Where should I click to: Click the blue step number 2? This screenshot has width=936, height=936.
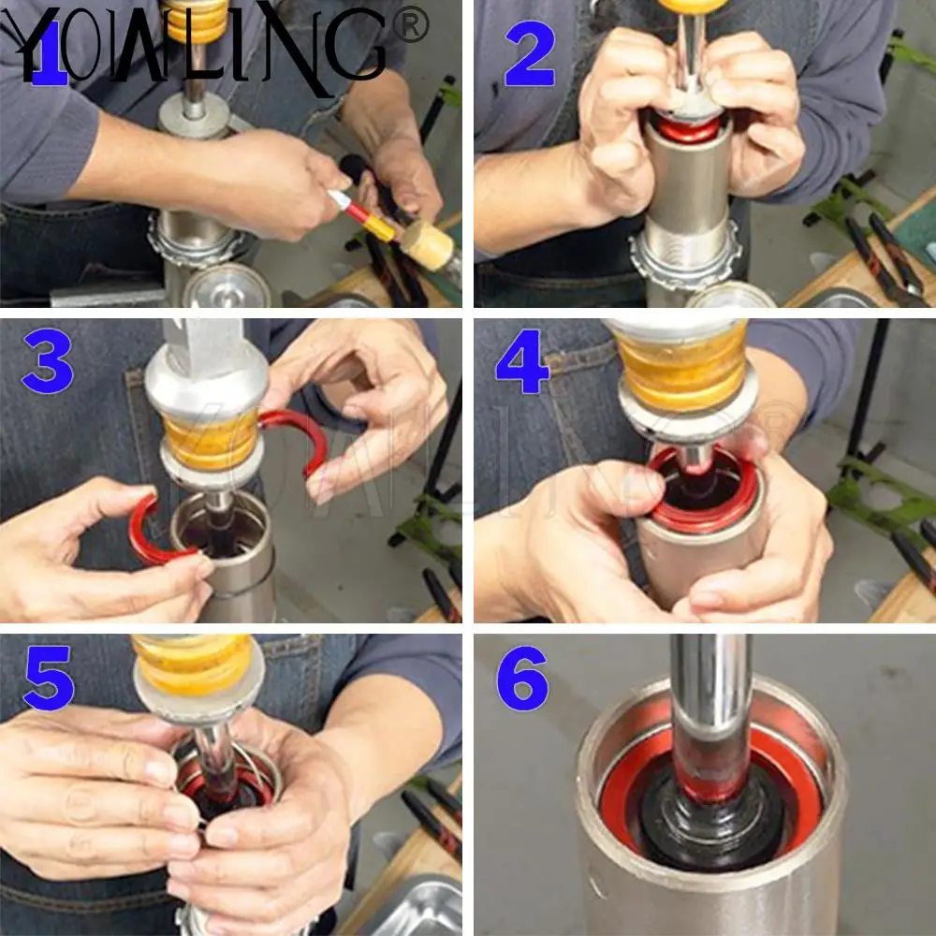(x=530, y=54)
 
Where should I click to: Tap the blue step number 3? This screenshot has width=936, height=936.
(x=48, y=361)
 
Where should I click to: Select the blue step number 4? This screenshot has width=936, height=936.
(x=521, y=361)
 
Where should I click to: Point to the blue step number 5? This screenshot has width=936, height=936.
(x=49, y=678)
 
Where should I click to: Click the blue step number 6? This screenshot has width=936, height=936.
(x=522, y=678)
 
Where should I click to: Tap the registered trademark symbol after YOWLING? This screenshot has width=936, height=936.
(x=412, y=25)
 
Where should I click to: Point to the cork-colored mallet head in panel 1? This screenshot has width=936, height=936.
(x=426, y=244)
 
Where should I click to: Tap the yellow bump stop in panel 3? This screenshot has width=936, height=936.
(x=212, y=442)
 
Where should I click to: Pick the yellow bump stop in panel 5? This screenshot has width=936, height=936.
(x=194, y=664)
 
